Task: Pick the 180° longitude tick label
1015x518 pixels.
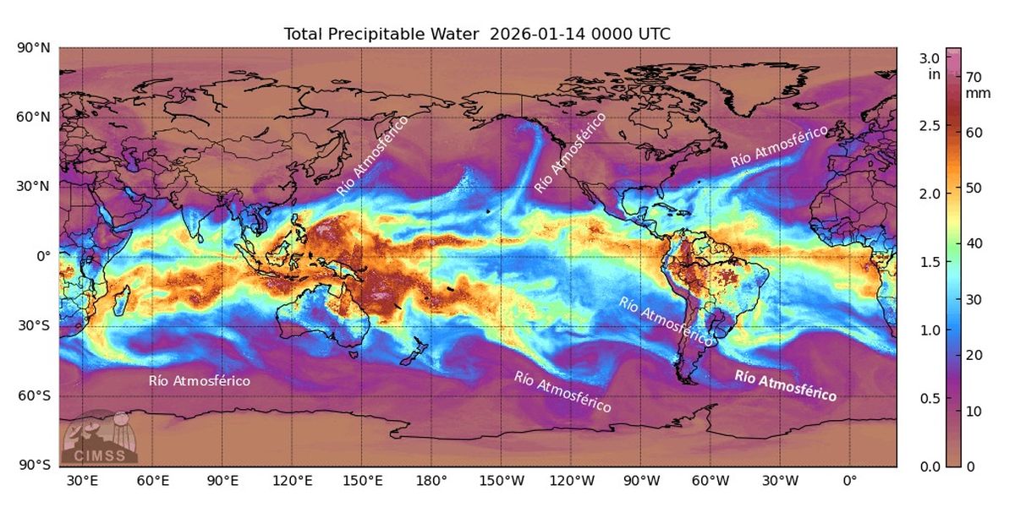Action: coord(431,482)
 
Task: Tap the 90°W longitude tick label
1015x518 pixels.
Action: coord(641,482)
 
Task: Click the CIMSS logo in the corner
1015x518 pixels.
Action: coord(99,438)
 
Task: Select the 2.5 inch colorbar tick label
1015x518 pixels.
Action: coord(930,126)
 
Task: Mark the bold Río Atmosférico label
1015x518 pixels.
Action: coord(786,385)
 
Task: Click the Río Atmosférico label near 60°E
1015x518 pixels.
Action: coord(200,381)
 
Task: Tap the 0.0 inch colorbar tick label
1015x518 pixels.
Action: coord(930,466)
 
